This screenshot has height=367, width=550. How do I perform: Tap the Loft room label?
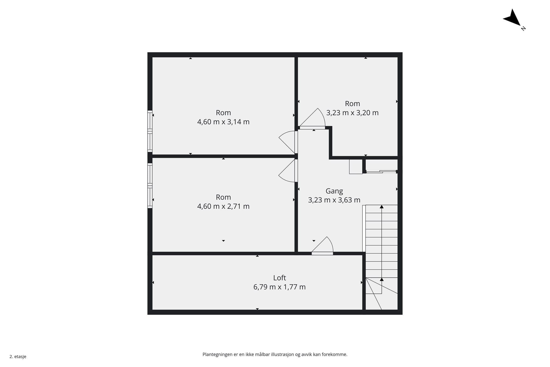(279, 278)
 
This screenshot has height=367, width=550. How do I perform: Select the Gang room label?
(334, 191)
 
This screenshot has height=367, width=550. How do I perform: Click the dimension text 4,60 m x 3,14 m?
(223, 122)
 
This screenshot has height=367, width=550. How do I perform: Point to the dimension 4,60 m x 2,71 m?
(223, 206)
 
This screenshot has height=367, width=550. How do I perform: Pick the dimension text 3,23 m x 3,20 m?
(352, 113)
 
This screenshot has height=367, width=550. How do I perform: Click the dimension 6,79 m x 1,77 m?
(279, 287)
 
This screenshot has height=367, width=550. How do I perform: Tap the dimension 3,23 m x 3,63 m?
(334, 200)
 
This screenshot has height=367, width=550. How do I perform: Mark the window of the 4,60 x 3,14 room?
(150, 131)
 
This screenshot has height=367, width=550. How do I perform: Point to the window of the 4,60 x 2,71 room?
(150, 186)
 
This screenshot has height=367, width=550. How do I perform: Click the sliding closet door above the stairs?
(381, 171)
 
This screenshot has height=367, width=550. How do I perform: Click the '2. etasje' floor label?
(18, 357)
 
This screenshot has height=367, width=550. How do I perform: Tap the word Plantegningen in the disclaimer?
(217, 355)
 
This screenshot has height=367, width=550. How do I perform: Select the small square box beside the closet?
(356, 167)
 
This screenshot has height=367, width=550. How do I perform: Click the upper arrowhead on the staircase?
(381, 207)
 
